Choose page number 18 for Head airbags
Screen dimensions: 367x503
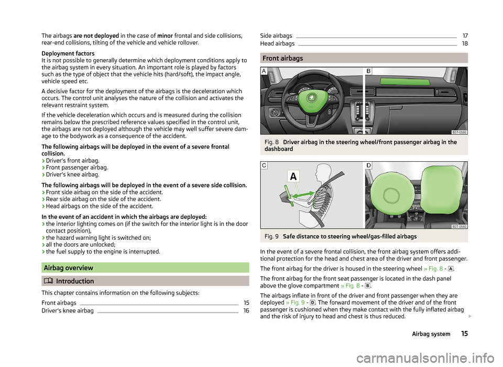pyautogui.click(x=465, y=44)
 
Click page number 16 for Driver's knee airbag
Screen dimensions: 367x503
pyautogui.click(x=246, y=311)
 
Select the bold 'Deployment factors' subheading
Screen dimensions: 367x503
pyautogui.click(x=68, y=53)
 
